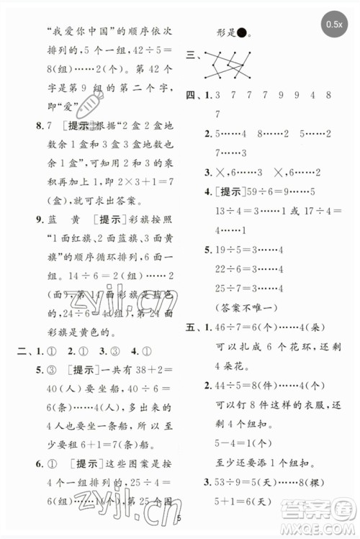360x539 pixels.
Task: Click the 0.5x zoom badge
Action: pos(333,24)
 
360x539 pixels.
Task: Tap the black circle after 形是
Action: pos(242,32)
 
